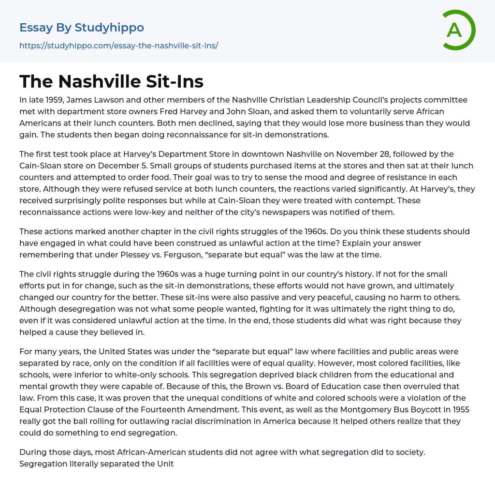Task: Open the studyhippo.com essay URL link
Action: click(118, 46)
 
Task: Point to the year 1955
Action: click(458, 410)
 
